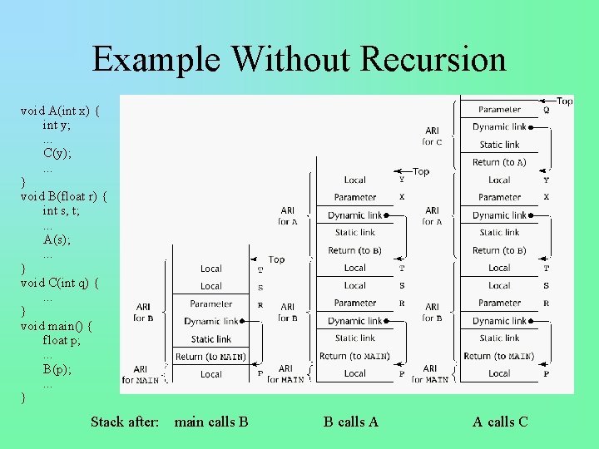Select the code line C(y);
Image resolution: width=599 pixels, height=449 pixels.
click(x=57, y=152)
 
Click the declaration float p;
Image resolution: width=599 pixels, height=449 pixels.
click(x=62, y=340)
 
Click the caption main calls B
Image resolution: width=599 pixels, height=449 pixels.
click(x=211, y=422)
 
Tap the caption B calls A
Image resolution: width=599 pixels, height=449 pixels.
click(x=351, y=422)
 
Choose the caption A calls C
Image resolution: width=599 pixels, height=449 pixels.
click(x=500, y=422)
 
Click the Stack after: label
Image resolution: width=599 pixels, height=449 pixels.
click(x=125, y=422)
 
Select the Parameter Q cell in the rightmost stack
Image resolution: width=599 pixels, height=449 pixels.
click(x=500, y=110)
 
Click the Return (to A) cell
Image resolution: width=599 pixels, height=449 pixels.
click(x=499, y=162)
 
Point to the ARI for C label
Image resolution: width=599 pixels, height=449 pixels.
click(x=432, y=136)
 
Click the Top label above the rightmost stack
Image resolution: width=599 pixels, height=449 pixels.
click(x=564, y=101)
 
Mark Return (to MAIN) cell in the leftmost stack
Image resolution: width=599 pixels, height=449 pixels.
click(x=210, y=357)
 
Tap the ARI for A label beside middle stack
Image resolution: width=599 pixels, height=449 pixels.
click(x=287, y=216)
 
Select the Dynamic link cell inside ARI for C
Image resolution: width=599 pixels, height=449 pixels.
click(x=499, y=127)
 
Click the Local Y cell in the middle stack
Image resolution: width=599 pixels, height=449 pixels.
click(x=355, y=180)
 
